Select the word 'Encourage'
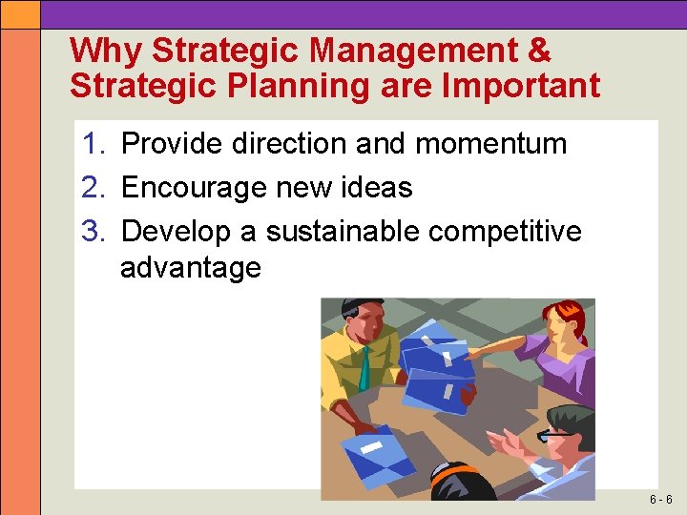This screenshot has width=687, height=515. pos(194,188)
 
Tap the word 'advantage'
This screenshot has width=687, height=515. pos(191,268)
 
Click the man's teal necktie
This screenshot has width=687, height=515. pos(365,367)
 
